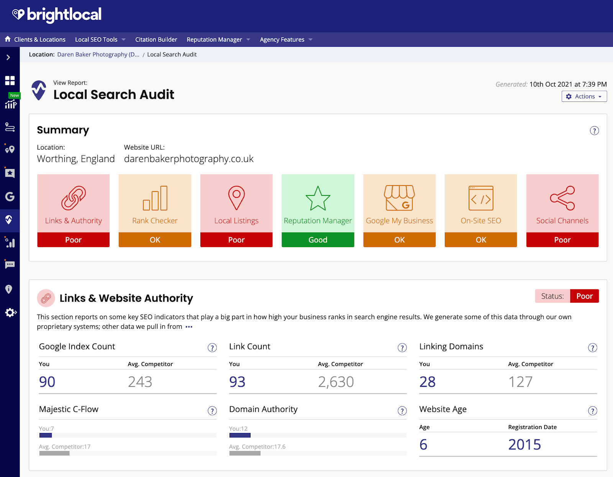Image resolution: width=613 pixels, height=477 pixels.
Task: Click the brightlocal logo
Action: click(57, 15)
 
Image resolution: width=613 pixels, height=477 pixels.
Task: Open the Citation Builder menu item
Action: click(156, 39)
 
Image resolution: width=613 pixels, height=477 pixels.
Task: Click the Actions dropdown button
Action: click(584, 97)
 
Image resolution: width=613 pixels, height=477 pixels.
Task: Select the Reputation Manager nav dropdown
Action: click(218, 39)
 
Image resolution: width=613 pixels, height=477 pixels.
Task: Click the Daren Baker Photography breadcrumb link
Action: click(98, 54)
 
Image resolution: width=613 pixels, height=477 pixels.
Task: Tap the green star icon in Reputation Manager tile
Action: click(318, 198)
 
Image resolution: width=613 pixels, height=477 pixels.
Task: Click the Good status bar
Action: click(318, 240)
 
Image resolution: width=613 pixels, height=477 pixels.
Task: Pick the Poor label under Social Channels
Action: click(562, 240)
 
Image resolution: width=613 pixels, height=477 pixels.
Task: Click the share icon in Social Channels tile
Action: click(562, 198)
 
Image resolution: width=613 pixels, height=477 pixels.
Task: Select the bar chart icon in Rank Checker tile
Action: click(155, 198)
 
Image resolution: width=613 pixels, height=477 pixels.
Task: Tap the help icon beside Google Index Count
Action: click(212, 348)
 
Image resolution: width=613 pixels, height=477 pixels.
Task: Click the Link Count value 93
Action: click(237, 382)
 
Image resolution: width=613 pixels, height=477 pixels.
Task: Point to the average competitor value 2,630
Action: click(336, 382)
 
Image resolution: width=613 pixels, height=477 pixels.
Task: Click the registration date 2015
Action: click(524, 444)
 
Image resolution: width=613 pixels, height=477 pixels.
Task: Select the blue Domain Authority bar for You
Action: click(240, 435)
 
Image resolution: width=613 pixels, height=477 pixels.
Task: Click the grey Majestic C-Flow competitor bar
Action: click(54, 453)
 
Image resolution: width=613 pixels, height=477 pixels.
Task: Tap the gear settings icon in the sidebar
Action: click(10, 313)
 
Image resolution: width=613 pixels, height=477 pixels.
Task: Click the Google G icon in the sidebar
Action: click(10, 197)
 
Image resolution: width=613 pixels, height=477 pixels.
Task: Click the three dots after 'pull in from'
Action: click(189, 327)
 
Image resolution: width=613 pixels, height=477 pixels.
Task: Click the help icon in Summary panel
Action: click(594, 131)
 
